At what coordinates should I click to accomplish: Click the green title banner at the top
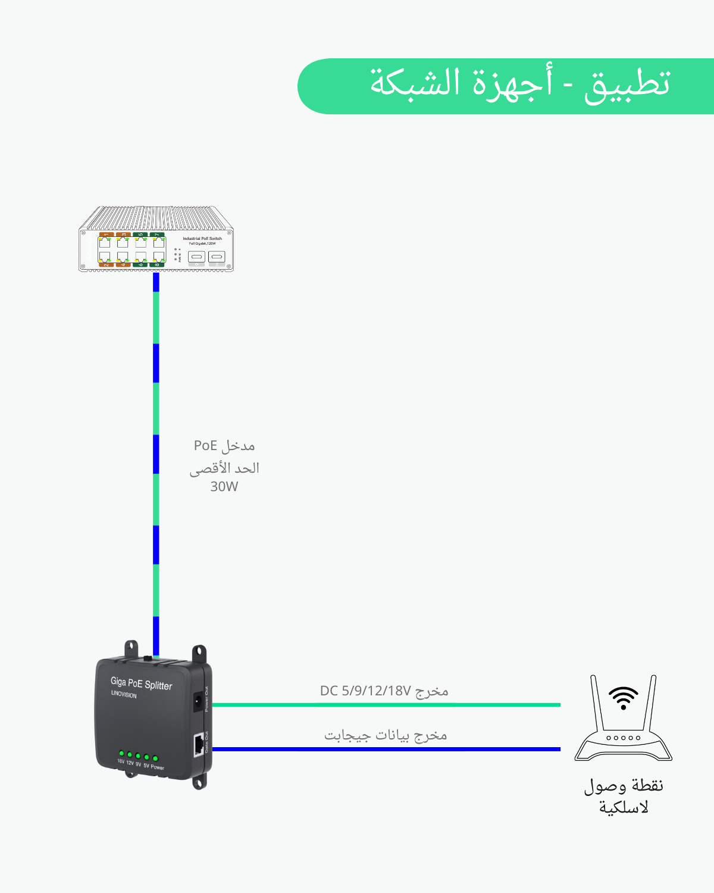tap(506, 86)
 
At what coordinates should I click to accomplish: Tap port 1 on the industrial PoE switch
tap(105, 242)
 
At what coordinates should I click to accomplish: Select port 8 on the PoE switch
tap(158, 257)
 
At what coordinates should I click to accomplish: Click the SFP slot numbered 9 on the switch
tap(197, 257)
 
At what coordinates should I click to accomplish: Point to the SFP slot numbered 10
tap(217, 257)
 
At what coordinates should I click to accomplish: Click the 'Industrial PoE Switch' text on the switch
tap(202, 239)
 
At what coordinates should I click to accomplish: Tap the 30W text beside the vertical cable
tap(224, 486)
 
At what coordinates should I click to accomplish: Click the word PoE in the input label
tap(205, 445)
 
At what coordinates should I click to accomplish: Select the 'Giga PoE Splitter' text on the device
tap(142, 684)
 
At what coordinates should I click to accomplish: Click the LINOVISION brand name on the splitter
tap(124, 695)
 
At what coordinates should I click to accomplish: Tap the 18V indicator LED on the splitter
tap(121, 753)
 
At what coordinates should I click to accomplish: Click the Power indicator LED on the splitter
tap(155, 758)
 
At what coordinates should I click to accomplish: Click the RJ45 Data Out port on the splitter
tap(198, 745)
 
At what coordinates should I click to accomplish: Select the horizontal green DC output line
tap(387, 705)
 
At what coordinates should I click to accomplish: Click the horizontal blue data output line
tap(387, 749)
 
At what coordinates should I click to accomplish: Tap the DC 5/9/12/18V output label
tap(384, 691)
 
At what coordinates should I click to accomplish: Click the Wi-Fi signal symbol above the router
tap(623, 697)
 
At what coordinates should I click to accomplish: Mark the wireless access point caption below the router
tap(623, 796)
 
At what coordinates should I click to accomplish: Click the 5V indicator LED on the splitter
tap(146, 757)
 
